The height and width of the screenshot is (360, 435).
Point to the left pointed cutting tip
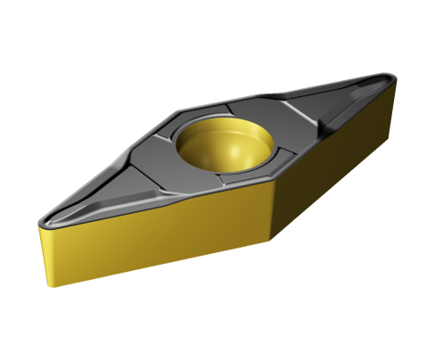point(42,217)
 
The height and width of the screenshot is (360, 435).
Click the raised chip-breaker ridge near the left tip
point(89,209)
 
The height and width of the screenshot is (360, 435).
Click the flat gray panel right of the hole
point(285,125)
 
